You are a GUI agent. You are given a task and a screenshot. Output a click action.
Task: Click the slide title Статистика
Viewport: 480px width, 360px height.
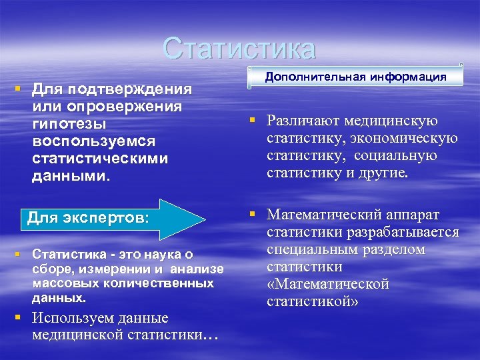(x=239, y=48)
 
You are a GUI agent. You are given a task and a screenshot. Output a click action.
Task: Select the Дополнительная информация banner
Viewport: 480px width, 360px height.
(x=355, y=76)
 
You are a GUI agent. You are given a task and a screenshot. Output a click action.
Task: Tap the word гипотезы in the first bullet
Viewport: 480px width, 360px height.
(x=69, y=125)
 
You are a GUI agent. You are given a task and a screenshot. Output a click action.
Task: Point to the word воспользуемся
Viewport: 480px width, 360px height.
(x=94, y=142)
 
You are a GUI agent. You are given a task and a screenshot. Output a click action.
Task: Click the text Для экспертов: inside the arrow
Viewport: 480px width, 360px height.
(x=89, y=218)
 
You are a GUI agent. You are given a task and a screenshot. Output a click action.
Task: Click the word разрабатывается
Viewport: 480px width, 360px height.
(x=414, y=232)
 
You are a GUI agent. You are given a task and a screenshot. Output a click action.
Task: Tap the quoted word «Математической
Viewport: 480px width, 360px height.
(x=328, y=284)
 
